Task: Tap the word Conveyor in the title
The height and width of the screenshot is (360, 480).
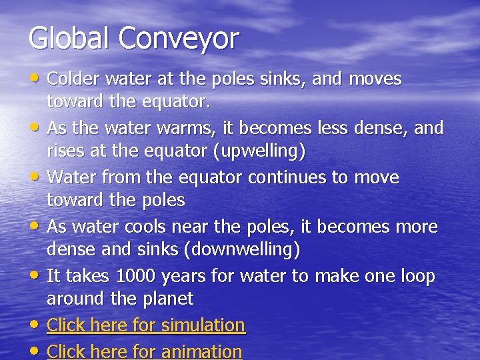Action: pos(179,39)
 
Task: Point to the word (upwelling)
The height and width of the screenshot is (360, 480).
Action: pos(259,151)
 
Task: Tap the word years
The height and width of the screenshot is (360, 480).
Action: pos(185,277)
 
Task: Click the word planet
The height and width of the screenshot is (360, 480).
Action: pos(169,299)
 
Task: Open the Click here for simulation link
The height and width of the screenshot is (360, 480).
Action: pos(146,325)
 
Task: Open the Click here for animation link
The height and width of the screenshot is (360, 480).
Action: pos(145,351)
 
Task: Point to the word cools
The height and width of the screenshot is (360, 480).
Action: pos(143,227)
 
